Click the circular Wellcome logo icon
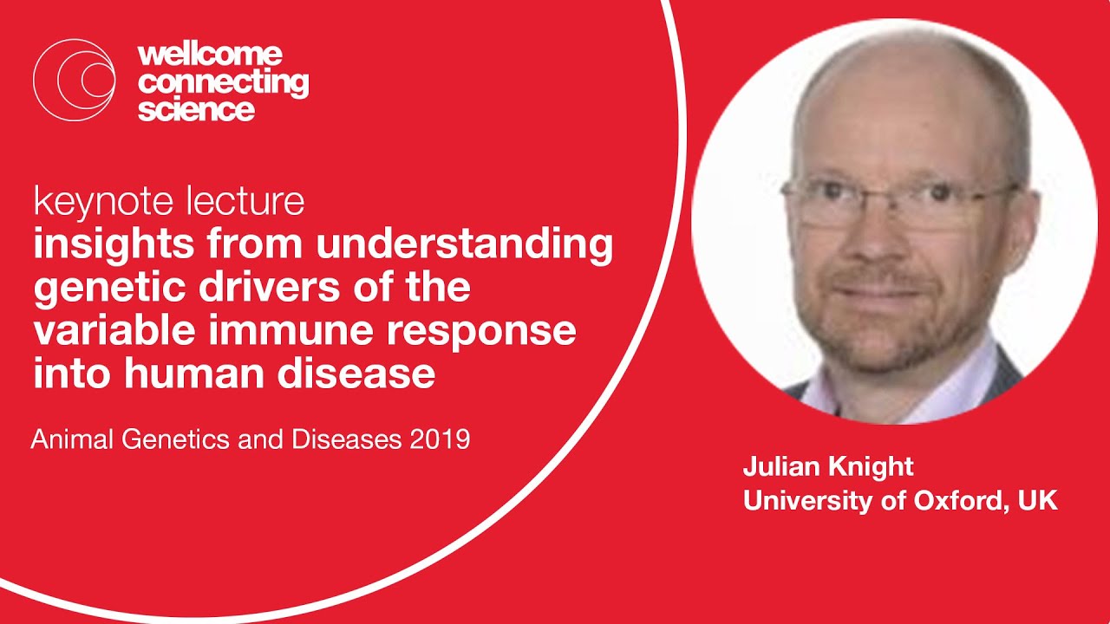(x=74, y=80)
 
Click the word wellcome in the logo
(x=210, y=55)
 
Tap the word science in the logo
(x=196, y=110)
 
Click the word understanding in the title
(x=464, y=246)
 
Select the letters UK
(x=1038, y=501)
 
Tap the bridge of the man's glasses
(x=878, y=198)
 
